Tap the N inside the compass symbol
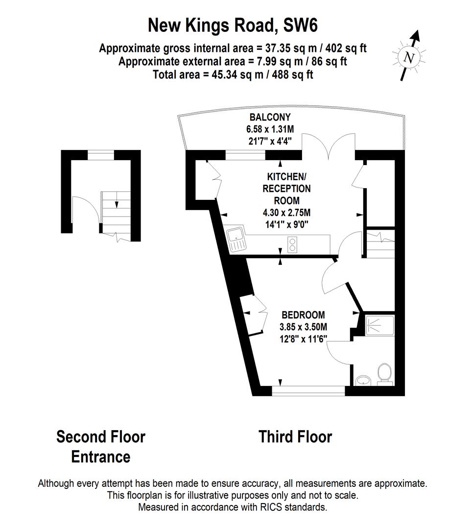tap(409, 58)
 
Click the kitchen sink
tap(236, 239)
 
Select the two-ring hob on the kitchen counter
tap(293, 244)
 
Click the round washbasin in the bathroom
tap(363, 380)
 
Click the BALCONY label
tap(270, 118)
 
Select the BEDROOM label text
tap(303, 315)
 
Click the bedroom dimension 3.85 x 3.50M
tap(303, 327)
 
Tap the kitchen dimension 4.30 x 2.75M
tap(286, 213)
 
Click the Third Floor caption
tap(295, 436)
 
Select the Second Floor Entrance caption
tap(101, 446)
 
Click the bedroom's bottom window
tap(308, 391)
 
